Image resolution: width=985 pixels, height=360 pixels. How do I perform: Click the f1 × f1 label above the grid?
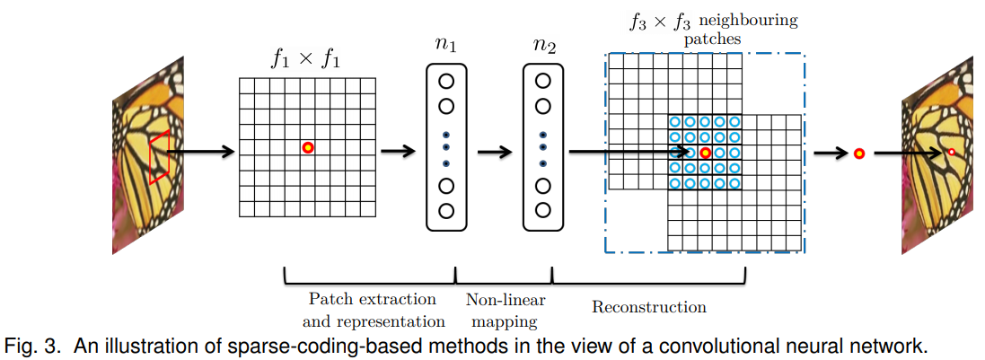(x=305, y=58)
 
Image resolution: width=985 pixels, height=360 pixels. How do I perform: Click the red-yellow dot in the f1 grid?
(x=308, y=147)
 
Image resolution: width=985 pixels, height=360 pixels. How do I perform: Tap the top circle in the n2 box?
(x=542, y=80)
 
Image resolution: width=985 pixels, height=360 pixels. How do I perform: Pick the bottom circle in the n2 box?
(x=542, y=209)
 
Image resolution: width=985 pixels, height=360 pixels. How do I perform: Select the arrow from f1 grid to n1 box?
(x=398, y=151)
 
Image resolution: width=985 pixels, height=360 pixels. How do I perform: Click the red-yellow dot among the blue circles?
(x=706, y=153)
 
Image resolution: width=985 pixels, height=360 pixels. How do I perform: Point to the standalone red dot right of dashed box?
(x=859, y=154)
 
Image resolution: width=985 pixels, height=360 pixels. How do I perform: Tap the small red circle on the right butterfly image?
(x=952, y=154)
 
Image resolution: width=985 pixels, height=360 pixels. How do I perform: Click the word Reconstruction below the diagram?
(x=648, y=307)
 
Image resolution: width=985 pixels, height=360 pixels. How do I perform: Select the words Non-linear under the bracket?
(x=506, y=300)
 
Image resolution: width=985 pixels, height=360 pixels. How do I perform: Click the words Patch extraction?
(x=373, y=299)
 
